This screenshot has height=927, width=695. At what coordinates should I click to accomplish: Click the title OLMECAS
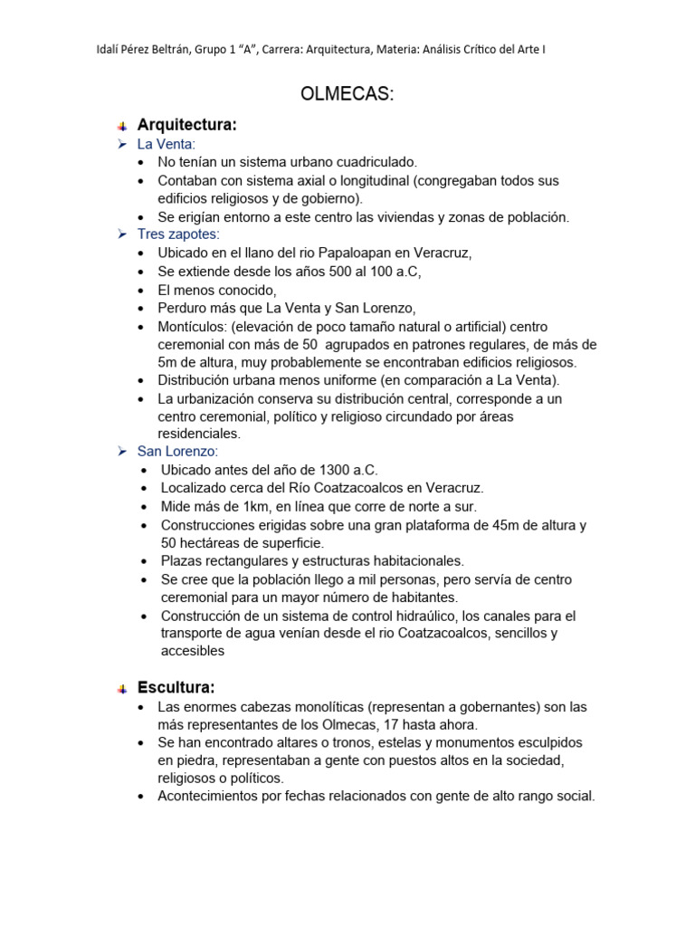[347, 95]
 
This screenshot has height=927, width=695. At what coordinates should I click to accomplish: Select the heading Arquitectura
[186, 125]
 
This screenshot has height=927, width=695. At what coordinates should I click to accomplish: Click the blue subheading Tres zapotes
[177, 234]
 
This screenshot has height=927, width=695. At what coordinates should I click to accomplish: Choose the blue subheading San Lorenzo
[177, 451]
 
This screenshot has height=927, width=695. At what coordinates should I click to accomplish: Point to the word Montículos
[193, 326]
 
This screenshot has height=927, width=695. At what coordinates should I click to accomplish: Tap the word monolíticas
[322, 706]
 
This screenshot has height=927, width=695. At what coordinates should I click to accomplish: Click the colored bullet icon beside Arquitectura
[122, 126]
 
